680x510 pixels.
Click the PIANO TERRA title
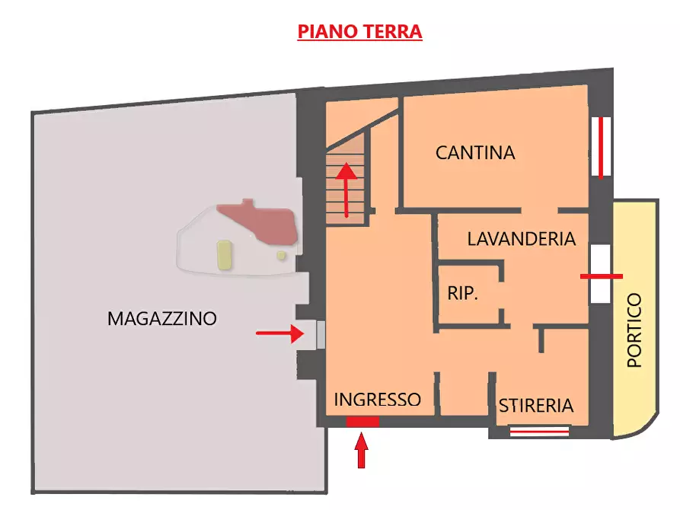359,32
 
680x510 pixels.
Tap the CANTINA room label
475,153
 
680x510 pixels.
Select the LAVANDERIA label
521,239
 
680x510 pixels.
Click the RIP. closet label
462,293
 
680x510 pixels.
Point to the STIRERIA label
536,406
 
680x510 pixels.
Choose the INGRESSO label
377,400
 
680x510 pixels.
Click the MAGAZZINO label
162,318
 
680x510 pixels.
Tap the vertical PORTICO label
634,330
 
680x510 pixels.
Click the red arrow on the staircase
347,188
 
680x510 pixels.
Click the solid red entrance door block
362,422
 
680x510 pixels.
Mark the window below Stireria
539,432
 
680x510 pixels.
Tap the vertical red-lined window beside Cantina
602,146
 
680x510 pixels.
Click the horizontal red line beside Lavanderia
602,276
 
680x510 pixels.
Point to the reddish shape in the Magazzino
260,222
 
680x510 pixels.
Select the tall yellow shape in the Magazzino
224,255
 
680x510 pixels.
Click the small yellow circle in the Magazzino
281,255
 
